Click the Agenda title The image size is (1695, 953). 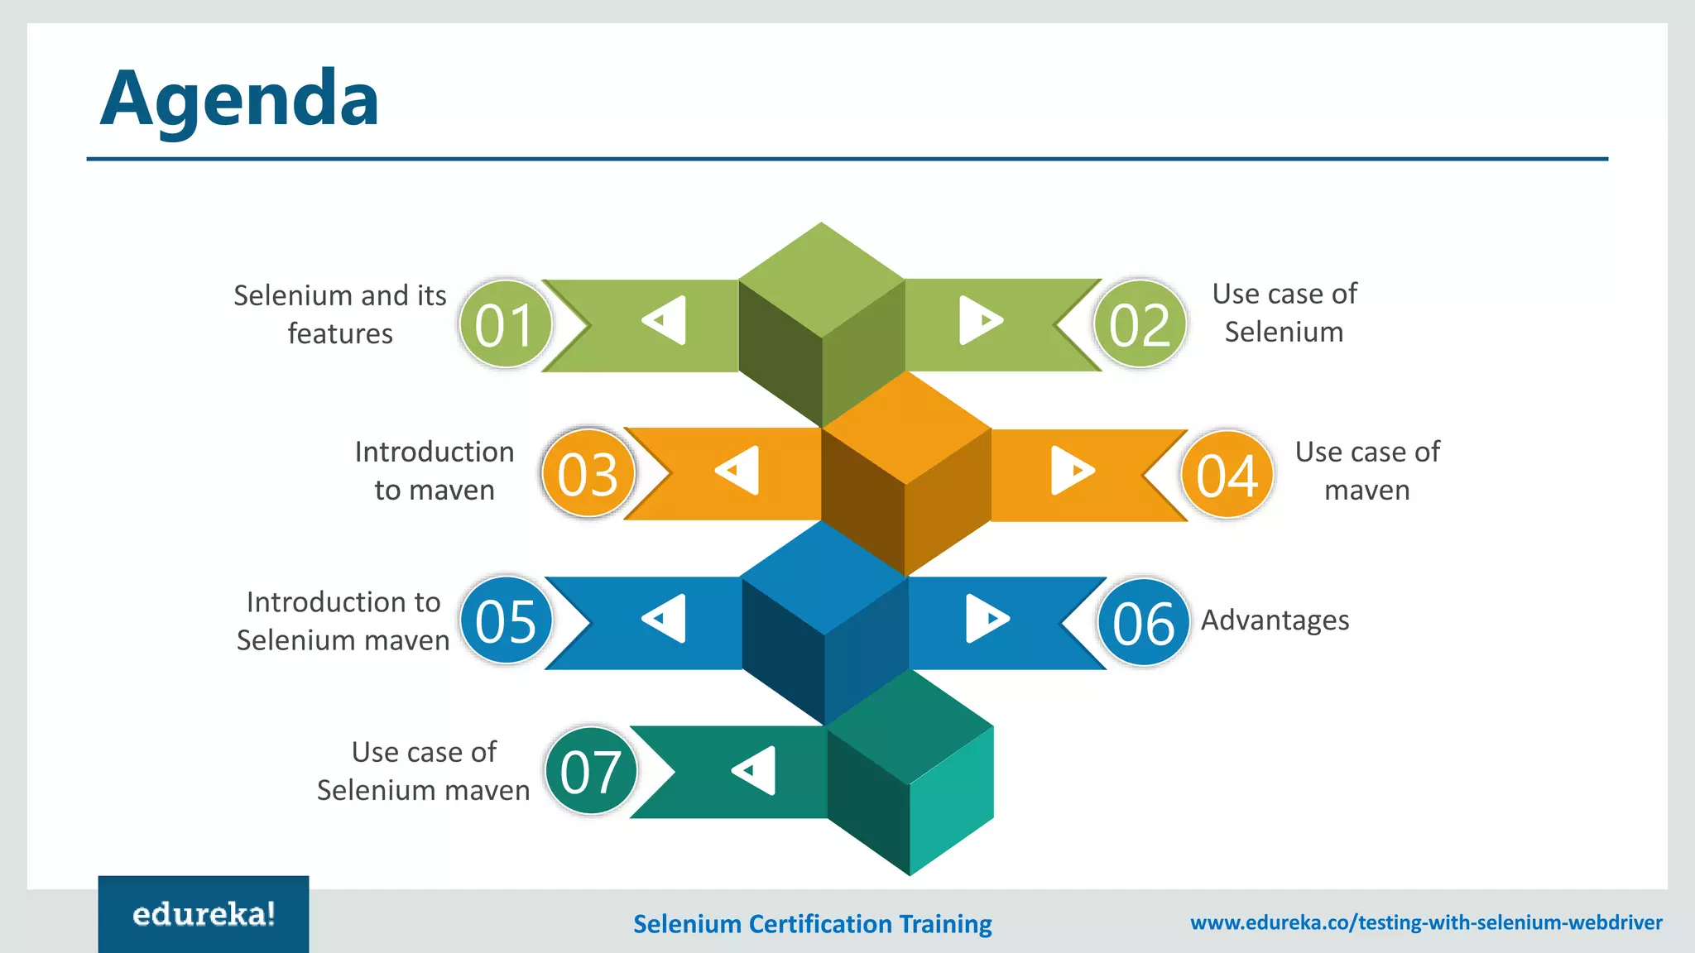(239, 99)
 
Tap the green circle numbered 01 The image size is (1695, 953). (505, 324)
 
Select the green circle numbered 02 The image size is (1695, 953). (1140, 324)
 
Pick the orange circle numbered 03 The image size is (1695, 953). (588, 474)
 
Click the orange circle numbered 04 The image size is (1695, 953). (1227, 475)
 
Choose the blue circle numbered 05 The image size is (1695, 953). (506, 621)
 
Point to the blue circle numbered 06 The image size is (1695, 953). (1143, 622)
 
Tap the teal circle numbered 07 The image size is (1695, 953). (590, 772)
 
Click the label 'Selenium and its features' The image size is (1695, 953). (340, 314)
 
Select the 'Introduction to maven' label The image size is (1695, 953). (435, 471)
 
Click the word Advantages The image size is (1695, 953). (1275, 620)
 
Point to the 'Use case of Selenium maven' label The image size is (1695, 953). (423, 771)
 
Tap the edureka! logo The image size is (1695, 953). (204, 914)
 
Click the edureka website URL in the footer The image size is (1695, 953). (1426, 922)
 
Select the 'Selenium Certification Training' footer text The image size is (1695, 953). (812, 923)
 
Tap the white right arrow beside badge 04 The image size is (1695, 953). (1071, 471)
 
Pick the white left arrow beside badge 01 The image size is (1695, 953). (667, 320)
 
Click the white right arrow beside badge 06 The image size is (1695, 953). (985, 619)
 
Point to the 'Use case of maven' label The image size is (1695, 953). (1367, 471)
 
